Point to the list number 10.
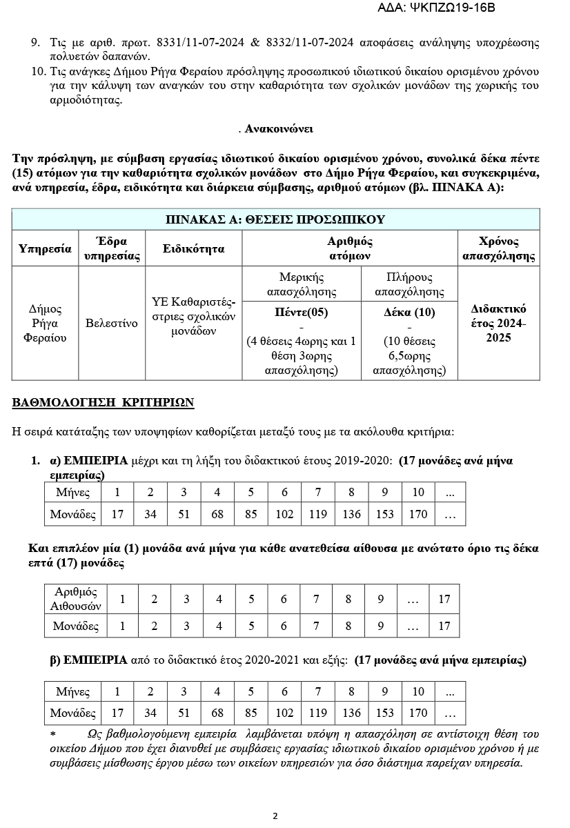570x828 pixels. tap(38, 72)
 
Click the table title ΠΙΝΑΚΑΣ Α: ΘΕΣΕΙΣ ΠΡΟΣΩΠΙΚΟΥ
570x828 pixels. tap(275, 219)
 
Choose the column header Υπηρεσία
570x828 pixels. tap(46, 249)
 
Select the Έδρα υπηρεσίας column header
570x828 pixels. tap(112, 249)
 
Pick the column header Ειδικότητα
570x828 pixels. tap(194, 249)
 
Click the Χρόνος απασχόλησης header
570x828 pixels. tap(498, 249)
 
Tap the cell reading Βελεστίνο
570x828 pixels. tap(112, 323)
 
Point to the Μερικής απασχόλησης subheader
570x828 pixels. tap(302, 284)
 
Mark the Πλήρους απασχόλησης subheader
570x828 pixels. tap(409, 284)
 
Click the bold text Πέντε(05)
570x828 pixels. tap(302, 312)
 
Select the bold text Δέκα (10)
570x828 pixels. tap(409, 312)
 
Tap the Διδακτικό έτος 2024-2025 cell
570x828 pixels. tap(498, 323)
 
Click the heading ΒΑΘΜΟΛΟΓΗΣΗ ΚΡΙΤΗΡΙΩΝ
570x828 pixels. tap(104, 402)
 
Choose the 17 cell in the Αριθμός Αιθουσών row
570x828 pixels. tap(444, 599)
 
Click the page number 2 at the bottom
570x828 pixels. tap(275, 816)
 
